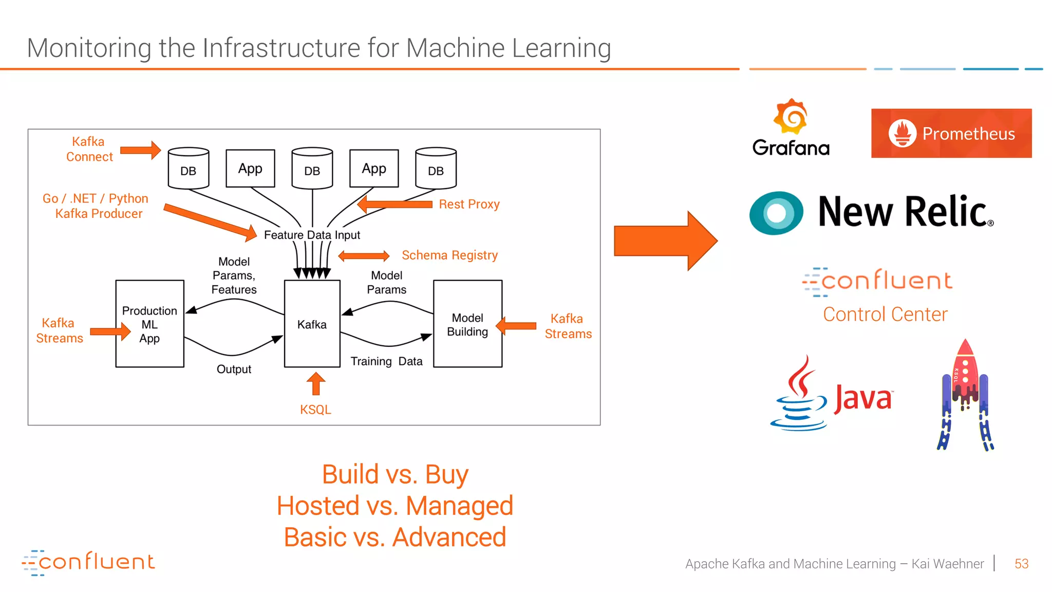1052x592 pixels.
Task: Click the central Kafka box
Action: [312, 324]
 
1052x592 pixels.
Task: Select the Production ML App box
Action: [149, 324]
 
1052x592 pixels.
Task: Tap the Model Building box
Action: [467, 324]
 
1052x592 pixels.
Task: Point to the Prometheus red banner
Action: [951, 133]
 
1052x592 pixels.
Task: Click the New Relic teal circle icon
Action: [776, 213]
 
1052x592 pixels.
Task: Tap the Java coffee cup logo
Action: [799, 396]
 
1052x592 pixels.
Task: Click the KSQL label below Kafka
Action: [315, 410]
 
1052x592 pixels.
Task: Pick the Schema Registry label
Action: [449, 255]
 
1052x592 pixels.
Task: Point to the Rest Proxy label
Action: [469, 204]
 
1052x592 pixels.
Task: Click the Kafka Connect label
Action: [89, 149]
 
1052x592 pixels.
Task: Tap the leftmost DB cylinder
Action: [189, 169]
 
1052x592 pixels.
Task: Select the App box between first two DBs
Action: [250, 169]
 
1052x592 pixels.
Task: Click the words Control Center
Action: [885, 314]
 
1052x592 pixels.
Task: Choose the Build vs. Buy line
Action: [395, 474]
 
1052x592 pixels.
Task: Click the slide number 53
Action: [1021, 564]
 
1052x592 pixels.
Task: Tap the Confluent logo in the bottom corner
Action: [88, 562]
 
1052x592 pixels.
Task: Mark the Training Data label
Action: [386, 361]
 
